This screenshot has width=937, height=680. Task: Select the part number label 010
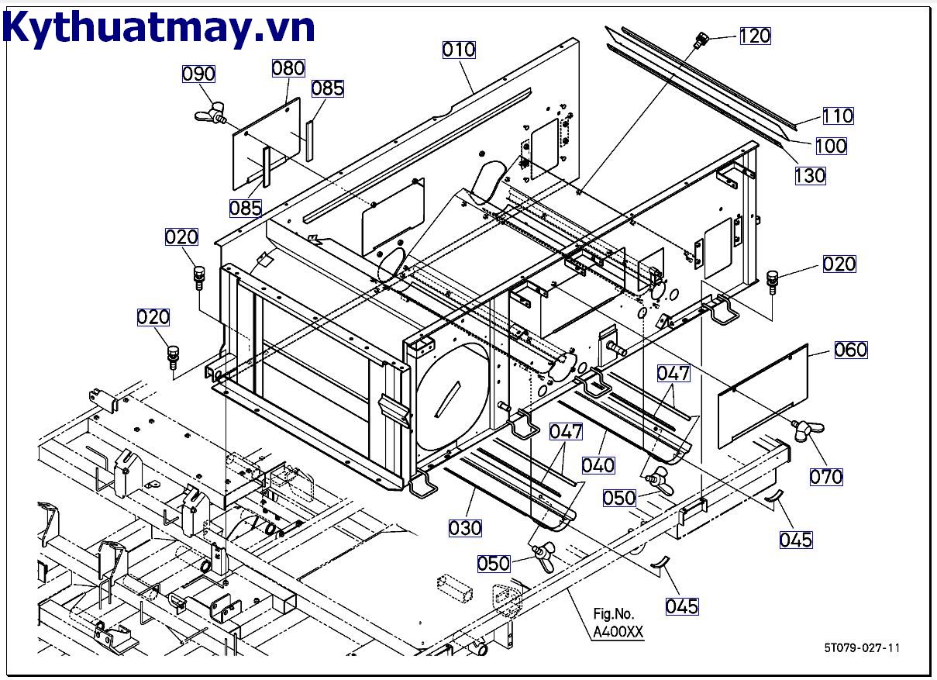(x=459, y=50)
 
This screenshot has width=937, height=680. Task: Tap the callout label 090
(x=198, y=74)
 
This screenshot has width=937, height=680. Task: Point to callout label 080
(x=288, y=68)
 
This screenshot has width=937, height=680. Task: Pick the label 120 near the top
(x=755, y=36)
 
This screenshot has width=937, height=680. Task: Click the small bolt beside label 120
(x=701, y=39)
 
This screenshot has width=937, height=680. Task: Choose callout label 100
(x=831, y=146)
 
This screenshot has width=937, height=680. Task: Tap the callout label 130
(x=810, y=175)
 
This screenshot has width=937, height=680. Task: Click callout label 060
(x=851, y=350)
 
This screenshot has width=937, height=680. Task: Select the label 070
(x=826, y=475)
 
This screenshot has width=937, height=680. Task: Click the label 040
(x=598, y=464)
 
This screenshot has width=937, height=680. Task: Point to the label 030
(x=465, y=528)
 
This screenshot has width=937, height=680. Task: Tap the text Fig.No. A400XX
(x=618, y=623)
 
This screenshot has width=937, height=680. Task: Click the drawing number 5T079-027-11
(x=862, y=648)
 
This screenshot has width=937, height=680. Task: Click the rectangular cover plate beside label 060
(x=763, y=395)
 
